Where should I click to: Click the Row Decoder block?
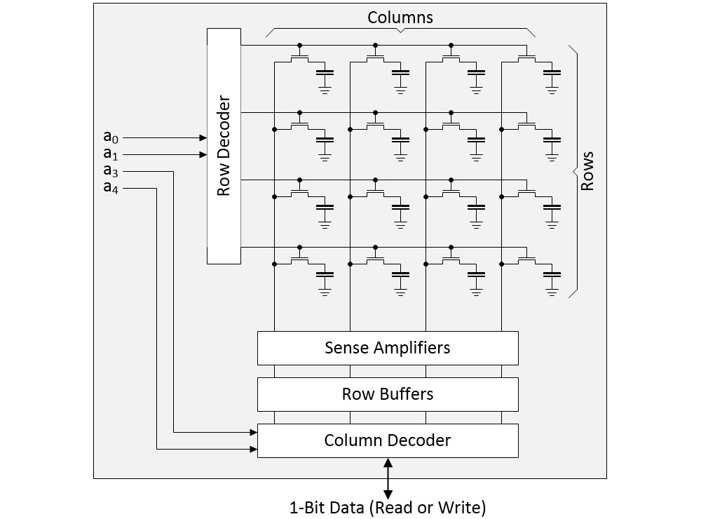[x=224, y=146]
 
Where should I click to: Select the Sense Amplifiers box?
[x=388, y=348]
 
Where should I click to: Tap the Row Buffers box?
[x=388, y=394]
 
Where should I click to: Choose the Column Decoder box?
[x=388, y=440]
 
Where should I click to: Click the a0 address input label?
[x=111, y=138]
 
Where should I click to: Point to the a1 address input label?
[x=111, y=154]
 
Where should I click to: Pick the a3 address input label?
[x=111, y=170]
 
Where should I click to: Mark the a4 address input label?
[x=111, y=187]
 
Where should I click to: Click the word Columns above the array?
[x=400, y=18]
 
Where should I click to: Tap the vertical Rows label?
[x=587, y=170]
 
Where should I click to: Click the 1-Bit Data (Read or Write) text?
[x=388, y=506]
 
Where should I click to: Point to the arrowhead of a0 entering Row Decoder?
[x=203, y=138]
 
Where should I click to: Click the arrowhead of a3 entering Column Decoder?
[x=254, y=433]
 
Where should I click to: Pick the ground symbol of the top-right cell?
[x=552, y=89]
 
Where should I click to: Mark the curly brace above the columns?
[x=400, y=32]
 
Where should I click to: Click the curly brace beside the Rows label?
[x=573, y=170]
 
